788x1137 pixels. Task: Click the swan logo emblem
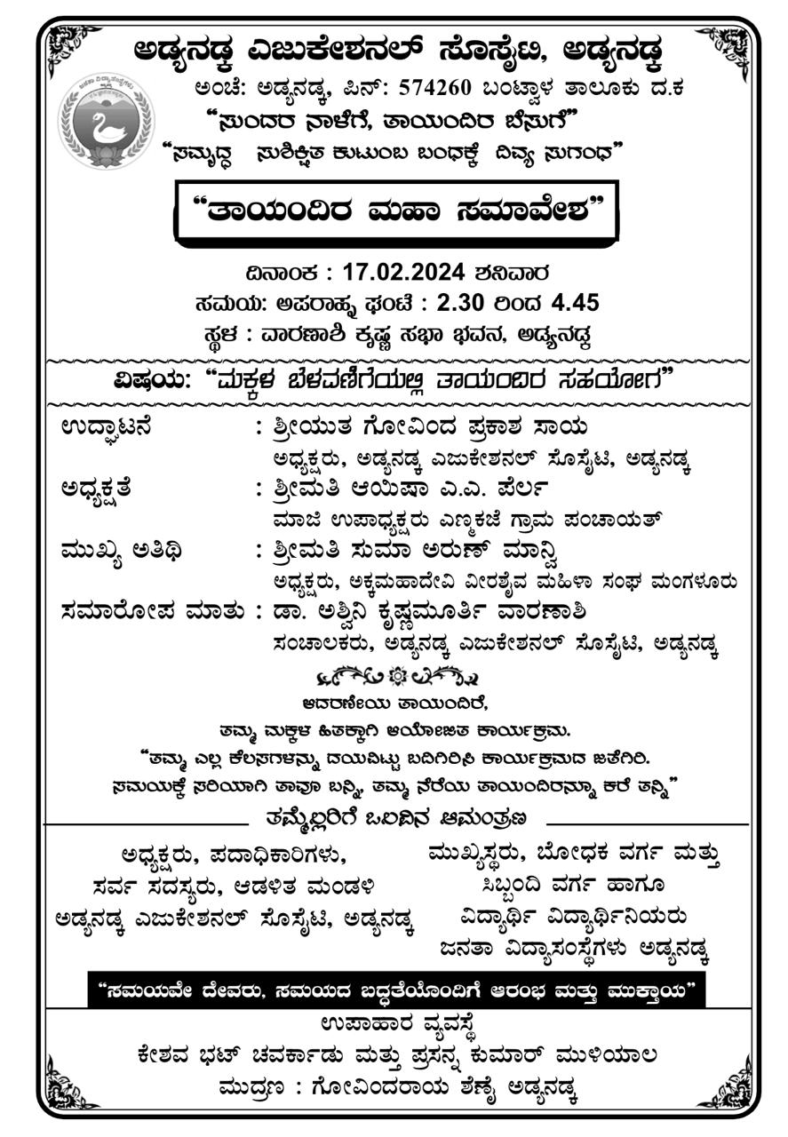click(106, 123)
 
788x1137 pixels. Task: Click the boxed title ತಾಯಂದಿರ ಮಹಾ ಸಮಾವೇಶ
click(397, 209)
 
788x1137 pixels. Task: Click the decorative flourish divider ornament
click(397, 677)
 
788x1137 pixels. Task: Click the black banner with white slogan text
click(397, 989)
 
